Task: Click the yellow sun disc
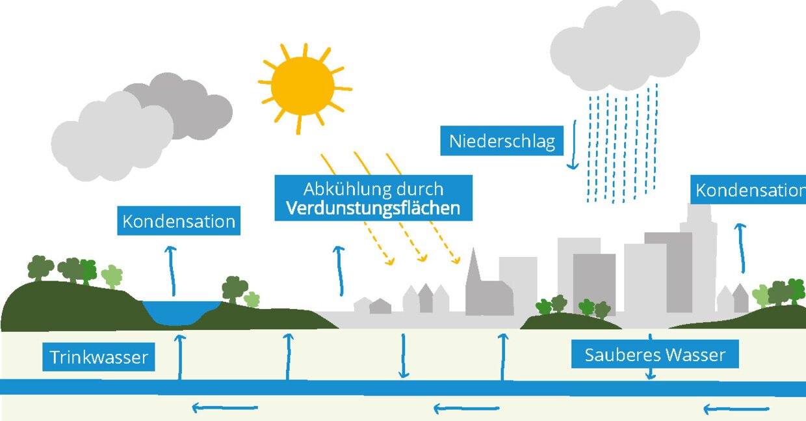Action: tap(303, 86)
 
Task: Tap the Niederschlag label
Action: tap(502, 141)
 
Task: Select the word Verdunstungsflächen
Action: tap(373, 208)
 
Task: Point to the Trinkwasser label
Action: tap(99, 357)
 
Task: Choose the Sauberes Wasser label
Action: tap(655, 355)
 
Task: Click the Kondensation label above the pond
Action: tap(179, 221)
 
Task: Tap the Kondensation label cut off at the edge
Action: tap(748, 190)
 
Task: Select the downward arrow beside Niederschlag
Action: tap(573, 144)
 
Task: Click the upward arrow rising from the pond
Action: tap(172, 271)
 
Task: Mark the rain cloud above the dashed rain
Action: tap(625, 45)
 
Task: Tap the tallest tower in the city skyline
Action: tap(699, 258)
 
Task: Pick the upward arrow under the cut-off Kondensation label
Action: tap(741, 248)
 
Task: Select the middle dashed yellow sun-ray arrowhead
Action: tap(422, 258)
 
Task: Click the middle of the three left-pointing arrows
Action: tap(466, 409)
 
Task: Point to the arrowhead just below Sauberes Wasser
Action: tap(650, 375)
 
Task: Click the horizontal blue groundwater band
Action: tap(403, 388)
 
